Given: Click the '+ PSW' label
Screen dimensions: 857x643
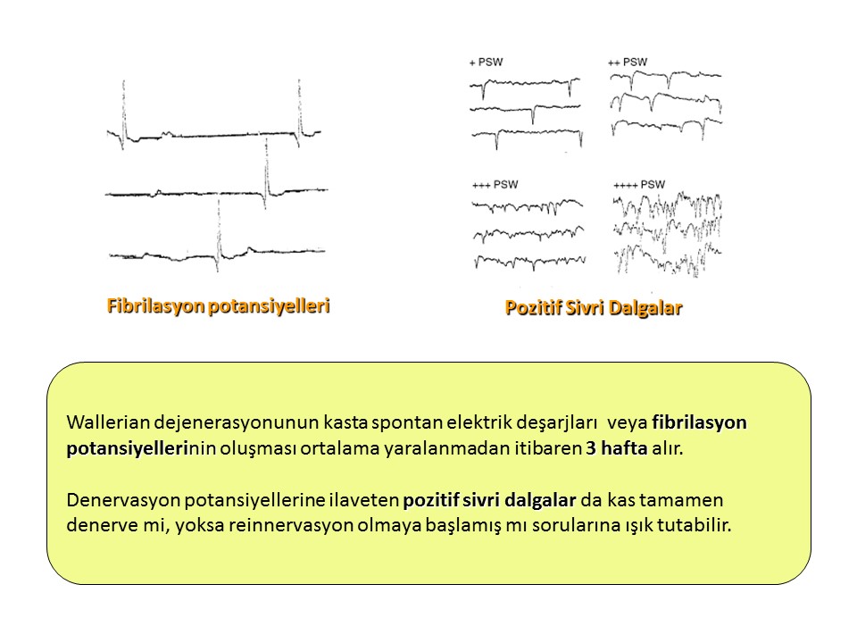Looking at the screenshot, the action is [x=486, y=63].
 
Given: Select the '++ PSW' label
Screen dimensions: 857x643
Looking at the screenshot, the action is [x=628, y=63].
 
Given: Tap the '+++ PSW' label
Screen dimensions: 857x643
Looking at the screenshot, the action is [x=495, y=185].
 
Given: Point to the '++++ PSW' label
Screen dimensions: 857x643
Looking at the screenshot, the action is [x=639, y=185].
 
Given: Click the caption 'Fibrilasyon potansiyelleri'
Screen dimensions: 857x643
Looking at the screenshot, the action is [x=218, y=305].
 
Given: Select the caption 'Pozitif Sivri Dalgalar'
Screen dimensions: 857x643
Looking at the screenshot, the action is [x=594, y=307].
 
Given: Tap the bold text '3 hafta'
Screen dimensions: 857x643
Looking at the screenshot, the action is [x=617, y=447].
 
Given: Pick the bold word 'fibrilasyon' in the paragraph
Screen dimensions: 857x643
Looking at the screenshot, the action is [x=700, y=422].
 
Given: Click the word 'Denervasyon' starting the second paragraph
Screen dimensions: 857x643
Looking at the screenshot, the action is [x=123, y=500].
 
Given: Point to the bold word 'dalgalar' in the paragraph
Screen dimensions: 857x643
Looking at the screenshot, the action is [x=541, y=500].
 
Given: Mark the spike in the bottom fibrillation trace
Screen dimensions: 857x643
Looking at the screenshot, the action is [x=219, y=235].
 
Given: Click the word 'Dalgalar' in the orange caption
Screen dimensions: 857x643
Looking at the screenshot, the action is [x=645, y=307].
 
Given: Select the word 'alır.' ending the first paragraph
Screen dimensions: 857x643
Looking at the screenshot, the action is [x=668, y=447].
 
